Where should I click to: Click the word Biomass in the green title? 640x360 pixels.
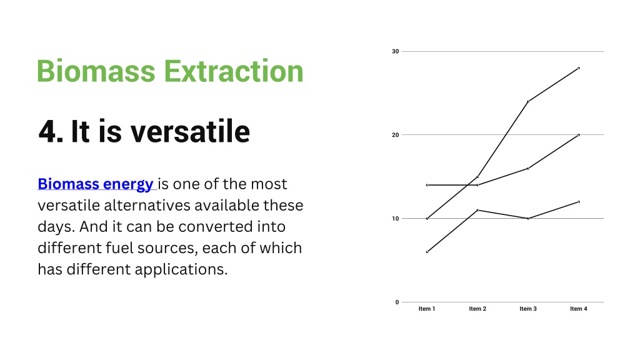click(96, 71)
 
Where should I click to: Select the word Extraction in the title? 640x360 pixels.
click(234, 71)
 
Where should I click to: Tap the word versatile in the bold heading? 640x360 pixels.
click(190, 131)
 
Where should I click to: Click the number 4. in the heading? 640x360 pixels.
click(51, 131)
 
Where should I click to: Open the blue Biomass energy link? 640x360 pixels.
click(96, 184)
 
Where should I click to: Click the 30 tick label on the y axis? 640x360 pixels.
click(395, 51)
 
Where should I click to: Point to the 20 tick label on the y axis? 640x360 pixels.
click(395, 135)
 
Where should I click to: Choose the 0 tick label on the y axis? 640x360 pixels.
click(397, 302)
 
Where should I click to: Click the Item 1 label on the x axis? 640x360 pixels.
click(427, 309)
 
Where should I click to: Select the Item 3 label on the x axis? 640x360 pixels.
click(528, 309)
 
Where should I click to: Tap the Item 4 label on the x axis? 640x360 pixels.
click(579, 309)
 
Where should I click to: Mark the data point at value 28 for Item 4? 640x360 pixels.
click(579, 68)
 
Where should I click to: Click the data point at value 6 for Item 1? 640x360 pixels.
click(427, 252)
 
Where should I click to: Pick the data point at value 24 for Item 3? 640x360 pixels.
click(528, 102)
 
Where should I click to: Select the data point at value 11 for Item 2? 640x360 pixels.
click(477, 210)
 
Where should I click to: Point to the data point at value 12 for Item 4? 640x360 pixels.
click(579, 202)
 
